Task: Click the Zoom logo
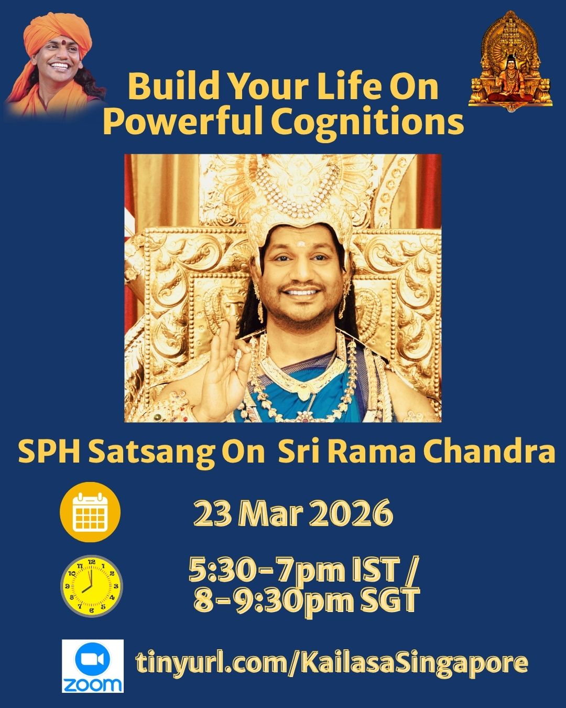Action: click(x=93, y=666)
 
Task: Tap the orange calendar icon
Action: click(x=90, y=512)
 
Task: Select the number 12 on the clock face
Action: click(x=92, y=562)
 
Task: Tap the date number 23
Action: click(x=212, y=513)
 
